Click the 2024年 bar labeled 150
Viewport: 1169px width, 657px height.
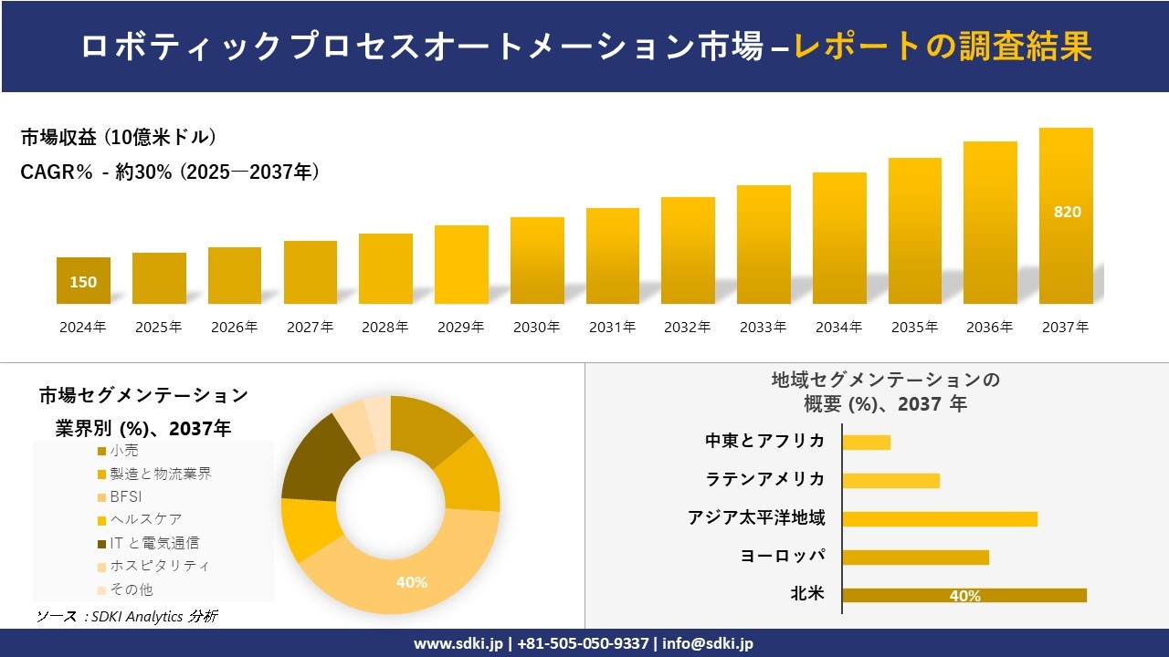pyautogui.click(x=83, y=281)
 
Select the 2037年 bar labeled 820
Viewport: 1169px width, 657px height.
pyautogui.click(x=1066, y=215)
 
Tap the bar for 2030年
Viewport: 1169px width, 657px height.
pyautogui.click(x=537, y=260)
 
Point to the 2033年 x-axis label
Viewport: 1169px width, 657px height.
pyautogui.click(x=763, y=328)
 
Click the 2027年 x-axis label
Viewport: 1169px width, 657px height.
pyautogui.click(x=310, y=328)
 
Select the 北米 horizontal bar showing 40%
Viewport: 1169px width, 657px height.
pyautogui.click(x=964, y=596)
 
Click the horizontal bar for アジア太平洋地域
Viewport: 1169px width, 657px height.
pyautogui.click(x=939, y=519)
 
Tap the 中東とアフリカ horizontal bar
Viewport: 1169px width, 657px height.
pyautogui.click(x=866, y=443)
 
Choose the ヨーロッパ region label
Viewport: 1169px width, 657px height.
pyautogui.click(x=783, y=556)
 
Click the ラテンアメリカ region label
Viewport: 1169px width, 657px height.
pyautogui.click(x=765, y=479)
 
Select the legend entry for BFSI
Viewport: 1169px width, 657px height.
pyautogui.click(x=126, y=497)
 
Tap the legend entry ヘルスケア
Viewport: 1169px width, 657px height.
pyautogui.click(x=144, y=520)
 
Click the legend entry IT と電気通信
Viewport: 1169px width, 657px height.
pyautogui.click(x=153, y=543)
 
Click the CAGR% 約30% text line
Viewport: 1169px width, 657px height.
pyautogui.click(x=170, y=172)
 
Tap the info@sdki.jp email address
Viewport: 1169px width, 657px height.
pyautogui.click(x=708, y=643)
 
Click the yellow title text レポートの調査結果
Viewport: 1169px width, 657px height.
pyautogui.click(x=943, y=47)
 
